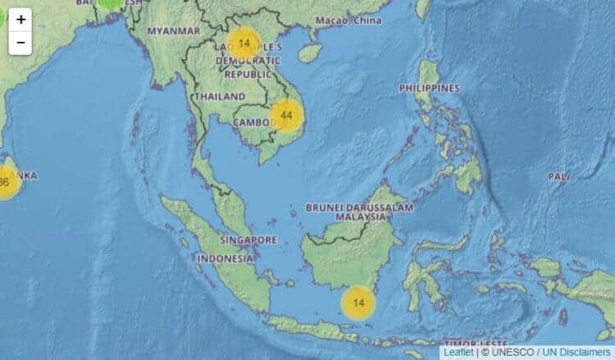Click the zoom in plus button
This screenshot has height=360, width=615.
click(20, 20)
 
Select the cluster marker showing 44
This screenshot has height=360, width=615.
click(286, 116)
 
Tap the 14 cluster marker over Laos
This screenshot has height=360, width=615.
click(244, 43)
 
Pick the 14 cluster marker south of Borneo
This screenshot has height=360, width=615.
click(358, 303)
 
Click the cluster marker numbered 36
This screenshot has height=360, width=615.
click(5, 182)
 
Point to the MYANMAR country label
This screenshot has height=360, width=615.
click(173, 31)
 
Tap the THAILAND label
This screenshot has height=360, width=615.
click(219, 97)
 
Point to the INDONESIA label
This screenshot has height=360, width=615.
click(225, 258)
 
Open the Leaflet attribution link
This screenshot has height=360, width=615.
click(458, 352)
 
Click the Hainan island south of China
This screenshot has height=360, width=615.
click(310, 53)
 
